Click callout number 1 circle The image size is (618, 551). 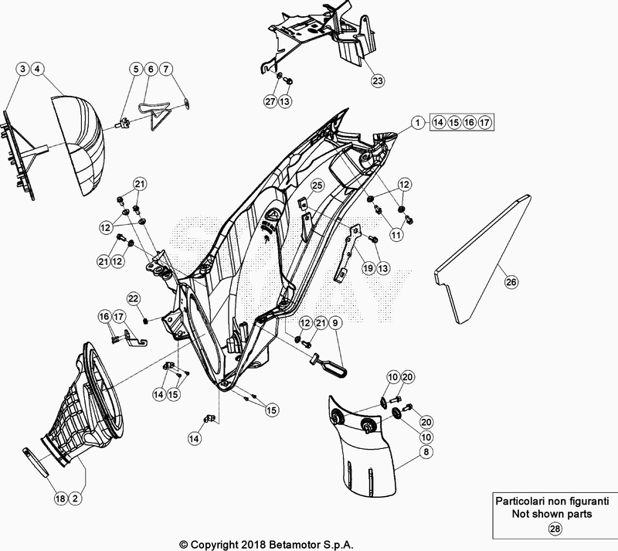pos(416,122)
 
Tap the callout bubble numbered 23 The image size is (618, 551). pos(376,80)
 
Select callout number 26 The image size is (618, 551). pos(511,283)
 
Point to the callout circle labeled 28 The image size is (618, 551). pos(555,529)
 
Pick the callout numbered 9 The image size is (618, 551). pos(335,323)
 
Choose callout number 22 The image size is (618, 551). pos(133,298)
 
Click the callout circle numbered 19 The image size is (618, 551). pos(368,267)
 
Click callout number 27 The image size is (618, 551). pos(270,101)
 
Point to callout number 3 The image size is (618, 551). pos(24,70)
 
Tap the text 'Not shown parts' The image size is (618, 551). pos(554,514)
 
